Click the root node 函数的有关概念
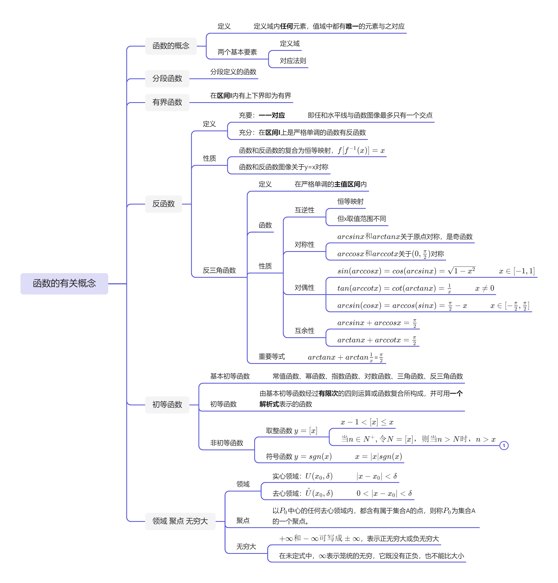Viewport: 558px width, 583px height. pyautogui.click(x=64, y=283)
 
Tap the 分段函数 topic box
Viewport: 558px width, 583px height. pyautogui.click(x=167, y=79)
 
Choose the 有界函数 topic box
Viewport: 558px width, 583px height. pyautogui.click(x=167, y=102)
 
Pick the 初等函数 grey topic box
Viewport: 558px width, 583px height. pyautogui.click(x=167, y=405)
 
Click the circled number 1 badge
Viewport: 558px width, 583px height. pyautogui.click(x=504, y=446)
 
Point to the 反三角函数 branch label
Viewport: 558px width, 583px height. pyautogui.click(x=219, y=270)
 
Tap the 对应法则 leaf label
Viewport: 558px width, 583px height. pyautogui.click(x=293, y=61)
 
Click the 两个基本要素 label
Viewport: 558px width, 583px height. pyautogui.click(x=237, y=52)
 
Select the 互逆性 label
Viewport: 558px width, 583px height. pyautogui.click(x=304, y=210)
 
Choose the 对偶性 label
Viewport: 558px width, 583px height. pyautogui.click(x=304, y=288)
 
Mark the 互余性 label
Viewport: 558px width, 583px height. pyautogui.click(x=304, y=331)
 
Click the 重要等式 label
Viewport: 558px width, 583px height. pyautogui.click(x=271, y=357)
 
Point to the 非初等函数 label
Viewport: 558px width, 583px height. pyautogui.click(x=227, y=443)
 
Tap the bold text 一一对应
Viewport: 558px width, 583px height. pyautogui.click(x=272, y=115)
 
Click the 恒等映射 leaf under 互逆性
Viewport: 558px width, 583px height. pyautogui.click(x=350, y=202)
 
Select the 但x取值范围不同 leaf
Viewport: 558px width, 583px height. pyautogui.click(x=361, y=219)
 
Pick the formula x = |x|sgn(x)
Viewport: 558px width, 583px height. pyautogui.click(x=378, y=457)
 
